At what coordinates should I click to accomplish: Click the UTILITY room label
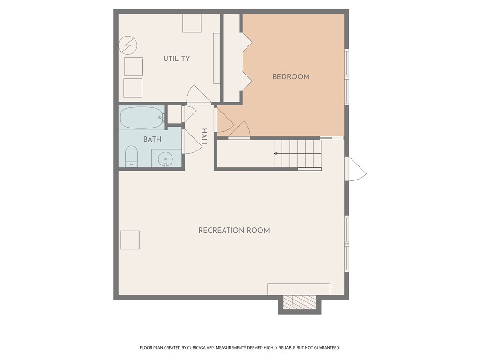[176, 59]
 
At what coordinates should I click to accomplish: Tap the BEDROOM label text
[291, 76]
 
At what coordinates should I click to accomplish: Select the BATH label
[152, 139]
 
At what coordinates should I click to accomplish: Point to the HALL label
[204, 137]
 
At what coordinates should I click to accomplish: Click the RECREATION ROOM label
[234, 230]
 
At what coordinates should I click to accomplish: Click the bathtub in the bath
[141, 118]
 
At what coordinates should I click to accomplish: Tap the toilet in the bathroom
[131, 156]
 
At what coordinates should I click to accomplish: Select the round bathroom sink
[165, 158]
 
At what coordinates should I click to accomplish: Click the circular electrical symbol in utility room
[128, 45]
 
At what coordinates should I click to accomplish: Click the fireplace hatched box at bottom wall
[300, 301]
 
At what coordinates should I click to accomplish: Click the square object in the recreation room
[130, 240]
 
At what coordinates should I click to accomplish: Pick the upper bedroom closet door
[246, 42]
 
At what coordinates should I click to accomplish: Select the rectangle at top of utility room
[192, 23]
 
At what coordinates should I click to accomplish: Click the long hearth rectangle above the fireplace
[299, 289]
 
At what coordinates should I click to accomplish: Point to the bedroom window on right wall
[347, 76]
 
